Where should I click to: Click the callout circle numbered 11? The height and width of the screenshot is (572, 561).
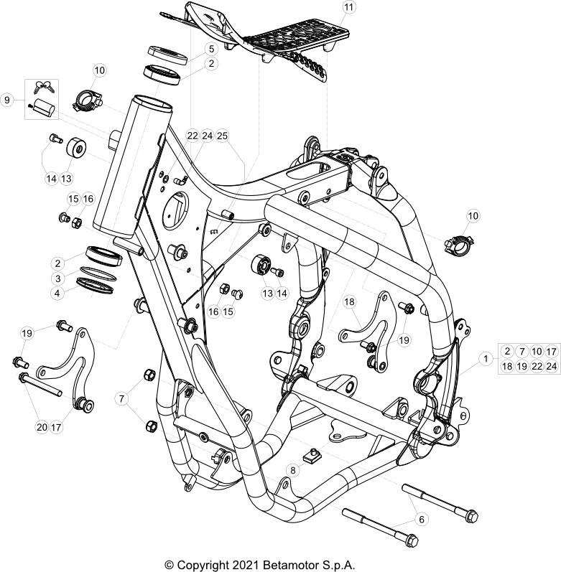click(x=348, y=8)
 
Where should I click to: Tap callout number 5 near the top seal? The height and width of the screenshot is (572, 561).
click(x=210, y=49)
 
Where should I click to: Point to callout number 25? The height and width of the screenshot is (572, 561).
click(x=222, y=135)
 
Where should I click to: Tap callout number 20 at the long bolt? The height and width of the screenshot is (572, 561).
click(x=41, y=427)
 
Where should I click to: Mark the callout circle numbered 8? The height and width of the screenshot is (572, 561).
click(x=293, y=471)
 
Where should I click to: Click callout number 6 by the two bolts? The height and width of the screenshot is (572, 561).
click(x=422, y=518)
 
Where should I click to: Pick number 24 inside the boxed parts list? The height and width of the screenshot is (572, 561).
click(x=551, y=366)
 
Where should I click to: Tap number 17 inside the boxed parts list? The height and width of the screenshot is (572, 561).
click(x=551, y=351)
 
